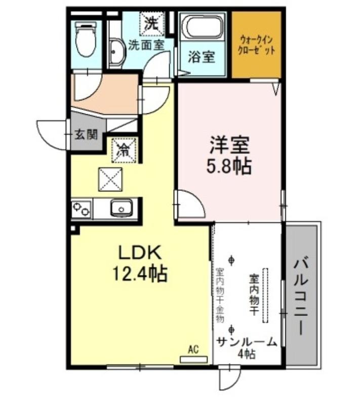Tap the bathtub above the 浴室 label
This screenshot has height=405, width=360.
(x=202, y=26)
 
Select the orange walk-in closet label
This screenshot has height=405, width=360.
(x=256, y=45)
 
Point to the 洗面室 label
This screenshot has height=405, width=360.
(x=146, y=45)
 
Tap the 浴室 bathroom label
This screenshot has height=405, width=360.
(x=202, y=57)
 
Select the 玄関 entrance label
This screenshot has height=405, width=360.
(x=86, y=134)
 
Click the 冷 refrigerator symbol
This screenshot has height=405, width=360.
(x=124, y=150)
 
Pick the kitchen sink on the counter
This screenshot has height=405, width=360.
(x=122, y=208)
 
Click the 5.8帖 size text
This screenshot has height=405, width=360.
(x=228, y=166)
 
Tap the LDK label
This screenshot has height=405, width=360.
(x=140, y=252)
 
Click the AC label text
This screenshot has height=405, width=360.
(x=193, y=350)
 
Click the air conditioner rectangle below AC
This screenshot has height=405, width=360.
(x=194, y=359)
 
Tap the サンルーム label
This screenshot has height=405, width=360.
(x=247, y=342)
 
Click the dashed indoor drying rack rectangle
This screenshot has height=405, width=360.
(x=265, y=296)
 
